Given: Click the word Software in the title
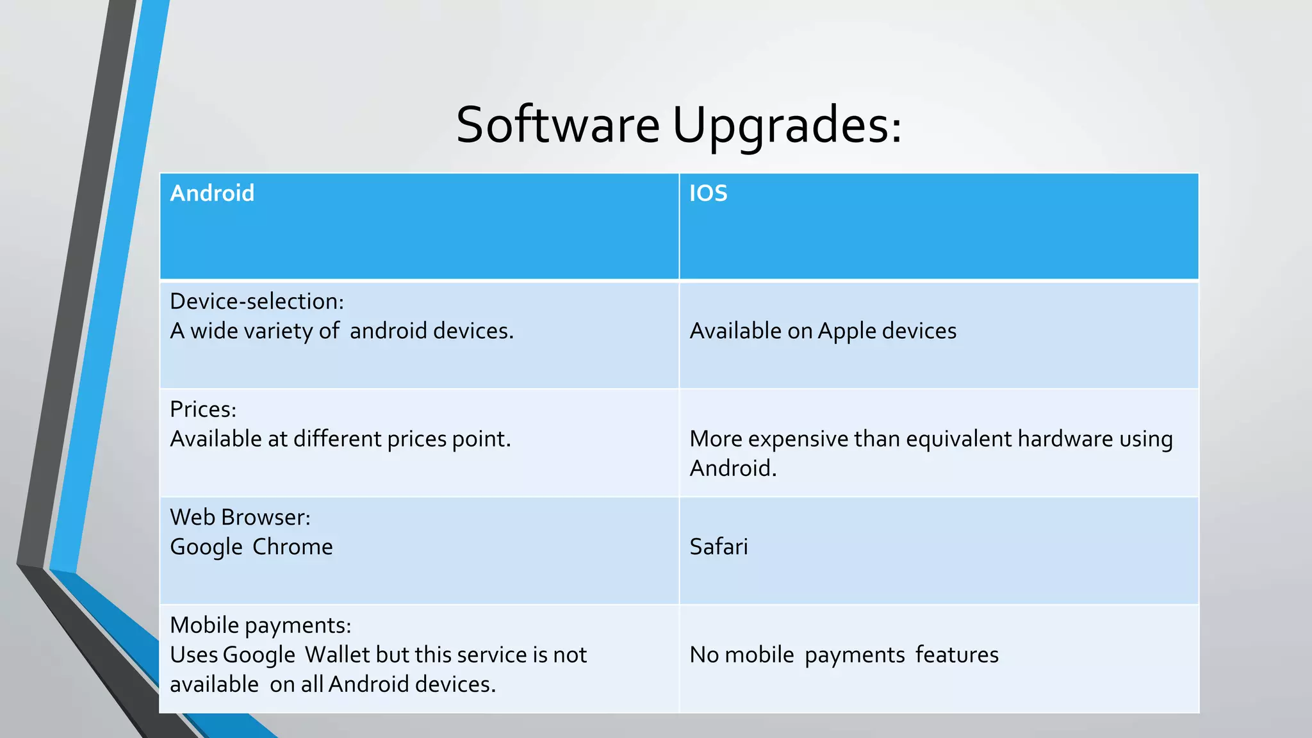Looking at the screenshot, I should pyautogui.click(x=557, y=124).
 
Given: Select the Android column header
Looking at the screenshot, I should pyautogui.click(x=212, y=193).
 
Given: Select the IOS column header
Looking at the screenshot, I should pyautogui.click(x=708, y=193).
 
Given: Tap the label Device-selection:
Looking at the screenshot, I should pyautogui.click(x=257, y=301).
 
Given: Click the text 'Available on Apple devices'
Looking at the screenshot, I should pyautogui.click(x=823, y=331).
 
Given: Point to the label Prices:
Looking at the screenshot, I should pyautogui.click(x=203, y=409).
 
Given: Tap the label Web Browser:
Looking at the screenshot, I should pyautogui.click(x=240, y=517).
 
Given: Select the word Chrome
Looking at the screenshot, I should pyautogui.click(x=292, y=546).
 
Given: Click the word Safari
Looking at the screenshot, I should pyautogui.click(x=718, y=546).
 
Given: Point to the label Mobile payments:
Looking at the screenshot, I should pyautogui.click(x=260, y=625).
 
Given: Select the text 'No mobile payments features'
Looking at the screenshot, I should pyautogui.click(x=844, y=655).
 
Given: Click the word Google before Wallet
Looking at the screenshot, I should pyautogui.click(x=259, y=655).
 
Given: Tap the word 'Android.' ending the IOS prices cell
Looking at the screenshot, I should pyautogui.click(x=733, y=468).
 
